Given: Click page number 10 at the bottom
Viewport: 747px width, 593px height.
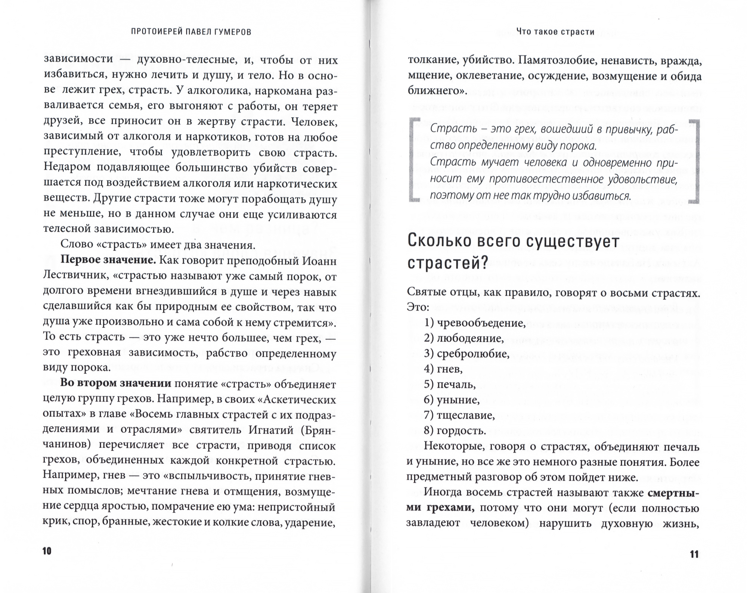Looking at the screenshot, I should (x=47, y=551).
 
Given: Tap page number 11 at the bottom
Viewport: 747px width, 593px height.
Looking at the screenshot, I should (x=694, y=554).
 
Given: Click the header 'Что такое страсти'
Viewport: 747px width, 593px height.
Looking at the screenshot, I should (x=555, y=32).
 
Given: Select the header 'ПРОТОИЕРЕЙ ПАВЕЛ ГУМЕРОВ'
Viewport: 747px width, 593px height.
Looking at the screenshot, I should (x=191, y=32).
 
